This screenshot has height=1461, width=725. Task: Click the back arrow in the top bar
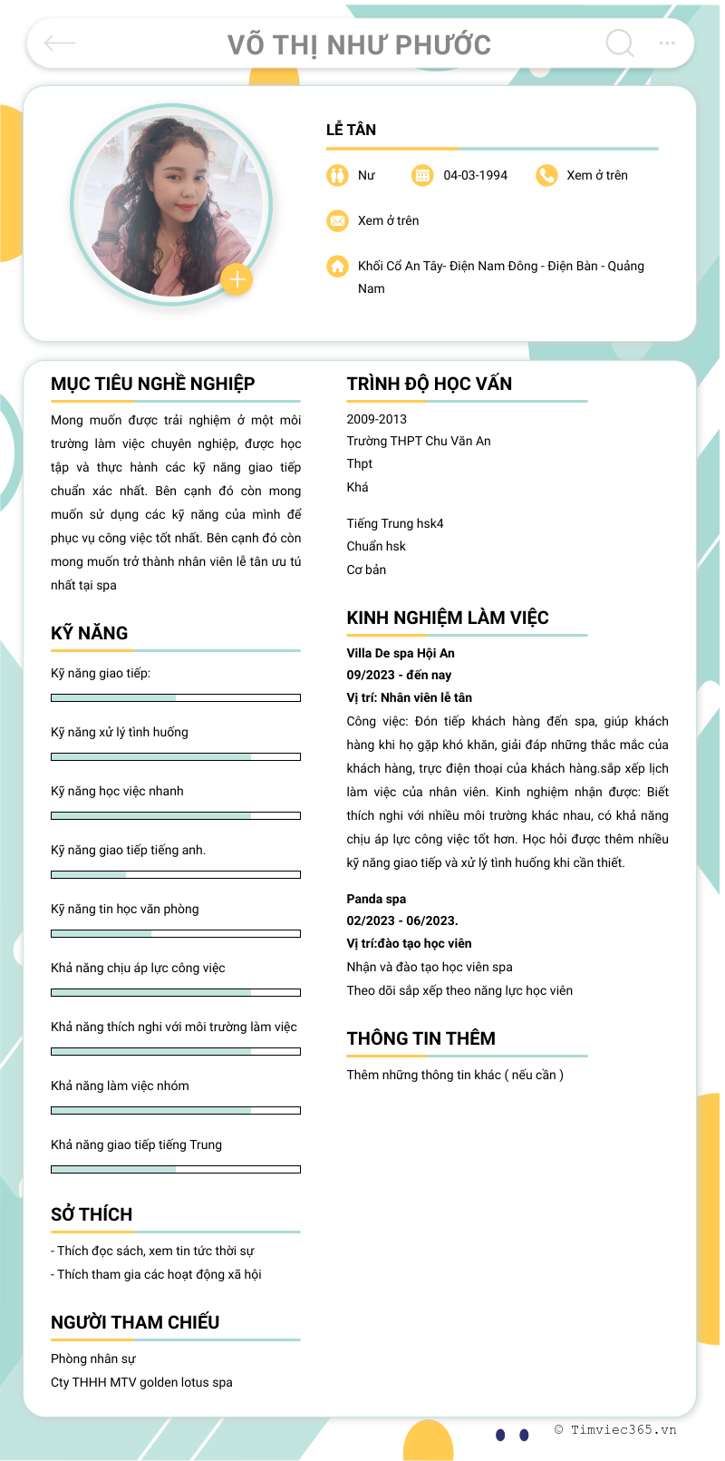click(x=60, y=43)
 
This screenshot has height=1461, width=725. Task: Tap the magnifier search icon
click(x=620, y=43)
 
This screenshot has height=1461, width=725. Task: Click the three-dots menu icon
click(x=667, y=43)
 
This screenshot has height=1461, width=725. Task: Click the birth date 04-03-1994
click(x=475, y=175)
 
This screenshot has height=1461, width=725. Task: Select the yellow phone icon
click(x=546, y=175)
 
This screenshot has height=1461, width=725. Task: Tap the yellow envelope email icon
click(x=337, y=220)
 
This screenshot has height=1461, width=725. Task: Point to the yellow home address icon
click(x=337, y=266)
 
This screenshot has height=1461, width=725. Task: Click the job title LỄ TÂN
click(x=351, y=130)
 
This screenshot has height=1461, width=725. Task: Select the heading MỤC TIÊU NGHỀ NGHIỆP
click(x=152, y=384)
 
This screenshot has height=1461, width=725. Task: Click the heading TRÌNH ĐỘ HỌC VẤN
click(x=429, y=384)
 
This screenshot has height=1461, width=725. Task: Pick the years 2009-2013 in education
click(x=376, y=419)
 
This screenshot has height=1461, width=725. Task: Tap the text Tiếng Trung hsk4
click(x=394, y=523)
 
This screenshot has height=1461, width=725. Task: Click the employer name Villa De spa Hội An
click(x=400, y=653)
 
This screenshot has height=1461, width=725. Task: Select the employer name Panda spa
click(x=375, y=899)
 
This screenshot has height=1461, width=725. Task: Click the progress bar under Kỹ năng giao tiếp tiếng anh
click(x=175, y=874)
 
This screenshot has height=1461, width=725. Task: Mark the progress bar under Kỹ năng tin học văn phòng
click(x=175, y=933)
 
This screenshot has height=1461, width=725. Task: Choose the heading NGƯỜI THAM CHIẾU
click(x=134, y=1322)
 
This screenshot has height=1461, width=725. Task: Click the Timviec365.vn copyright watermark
click(x=615, y=1429)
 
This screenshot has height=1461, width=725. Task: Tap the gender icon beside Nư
click(x=337, y=175)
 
